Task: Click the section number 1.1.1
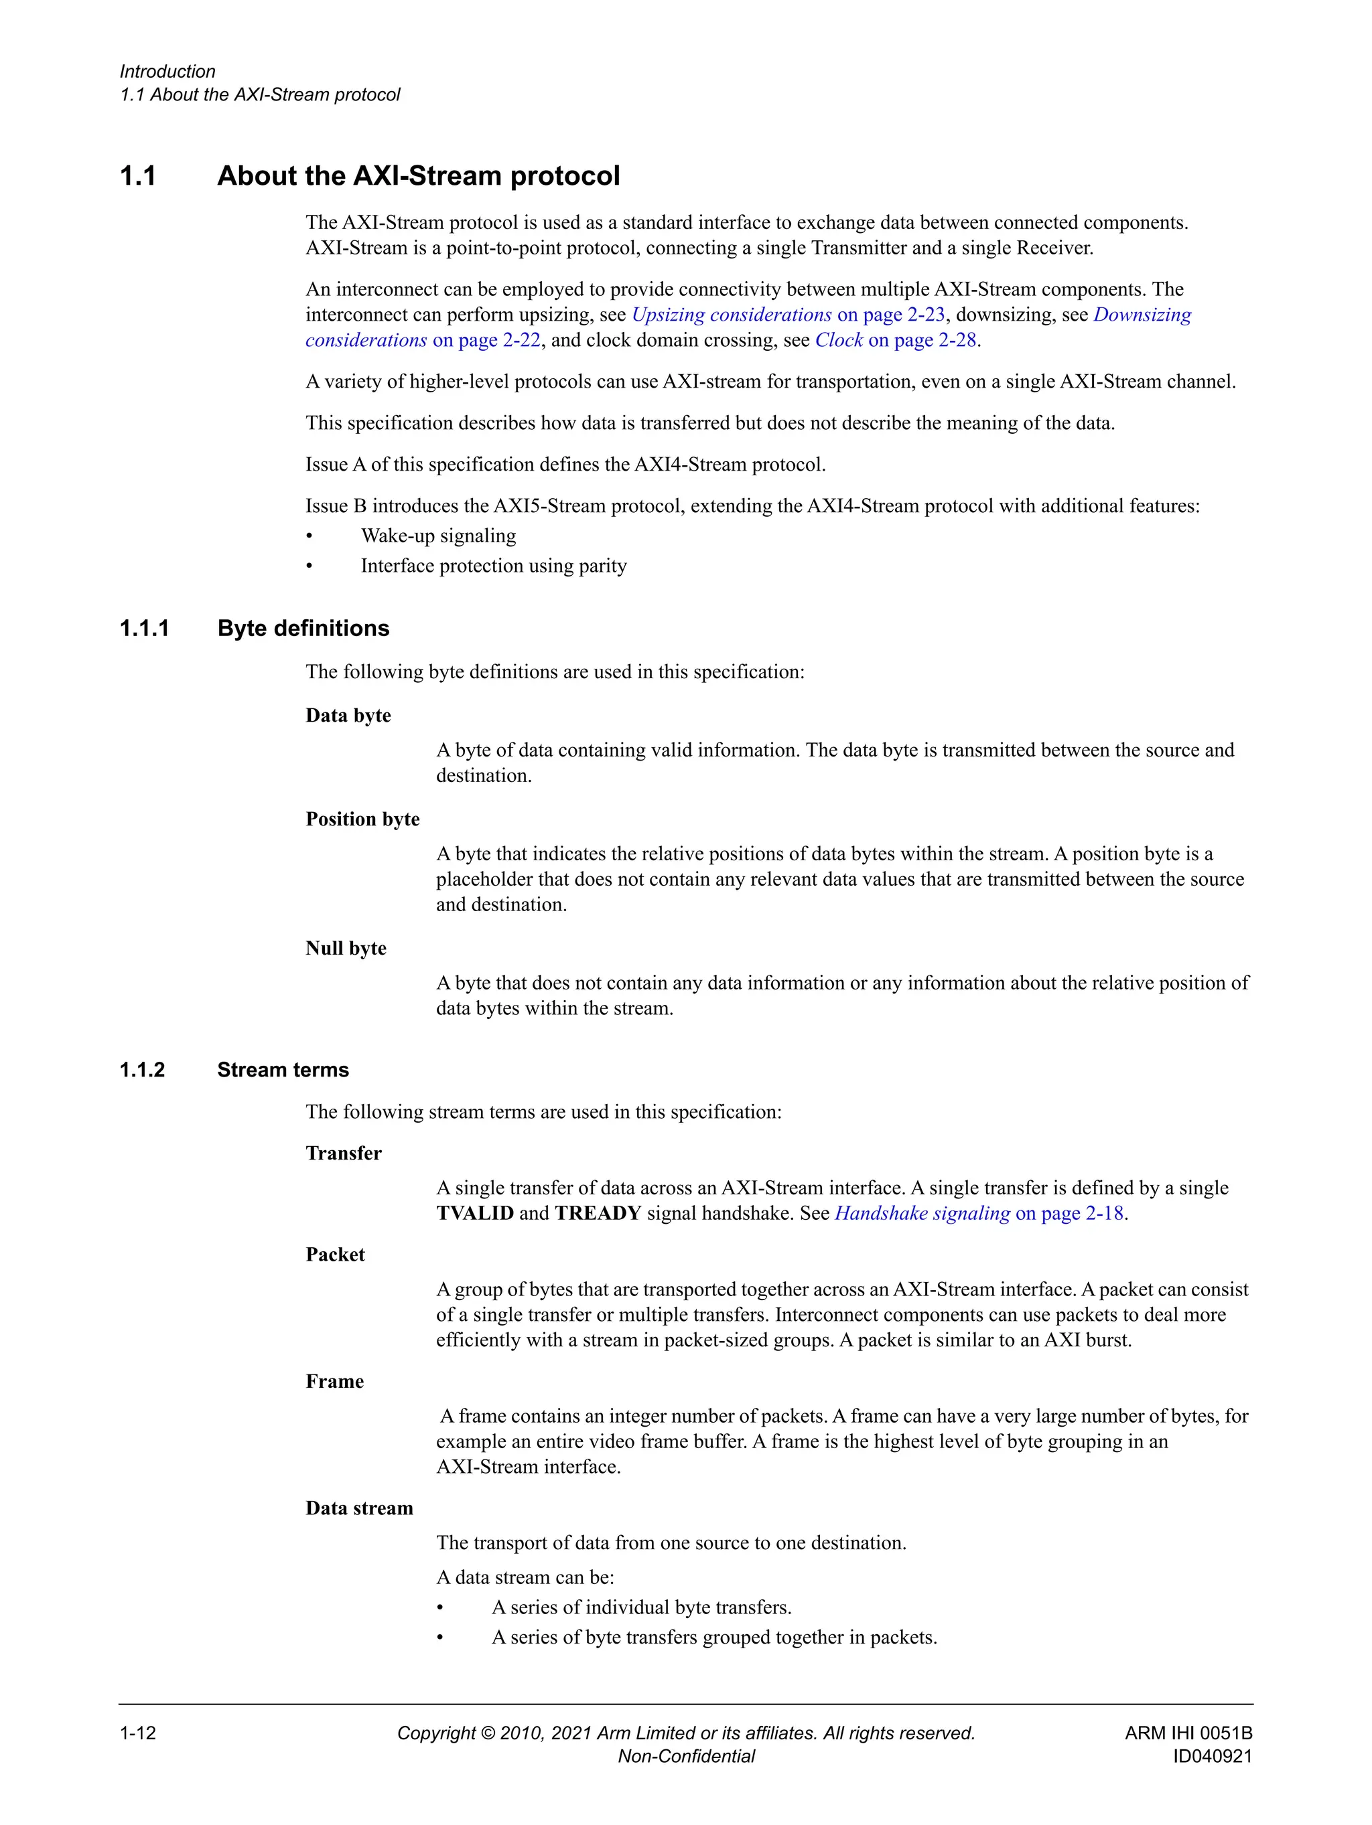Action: [145, 629]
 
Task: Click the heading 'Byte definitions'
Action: [303, 629]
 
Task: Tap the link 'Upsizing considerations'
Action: [732, 315]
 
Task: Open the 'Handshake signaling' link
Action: [922, 1214]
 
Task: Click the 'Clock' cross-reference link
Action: [839, 341]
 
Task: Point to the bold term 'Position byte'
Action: [362, 819]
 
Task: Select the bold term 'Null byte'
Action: [346, 949]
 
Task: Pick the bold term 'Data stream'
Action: [359, 1509]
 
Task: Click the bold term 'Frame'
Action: [334, 1382]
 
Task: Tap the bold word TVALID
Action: [475, 1214]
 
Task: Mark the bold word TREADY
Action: [598, 1214]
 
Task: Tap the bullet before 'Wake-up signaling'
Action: [310, 537]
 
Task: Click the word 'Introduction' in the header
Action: [167, 72]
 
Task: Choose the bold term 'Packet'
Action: [335, 1255]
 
